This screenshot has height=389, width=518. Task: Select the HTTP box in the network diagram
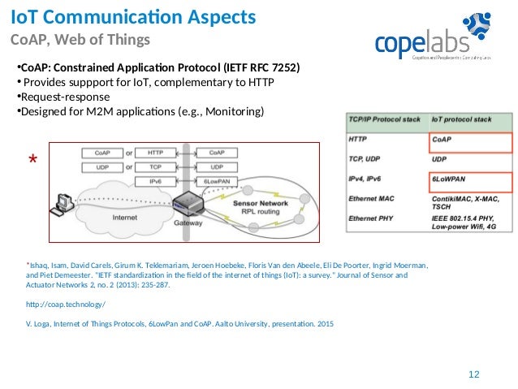(x=155, y=152)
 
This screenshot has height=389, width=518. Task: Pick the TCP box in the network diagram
(x=155, y=166)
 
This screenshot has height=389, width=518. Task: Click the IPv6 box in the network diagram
(x=155, y=179)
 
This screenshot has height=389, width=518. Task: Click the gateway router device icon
(x=186, y=203)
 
